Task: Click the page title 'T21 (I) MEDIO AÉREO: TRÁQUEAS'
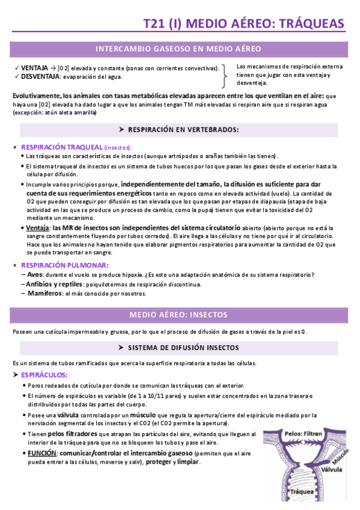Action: coord(243,23)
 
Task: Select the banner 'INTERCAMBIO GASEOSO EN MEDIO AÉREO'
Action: coord(178,49)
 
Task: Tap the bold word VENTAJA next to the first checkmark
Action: coord(34,68)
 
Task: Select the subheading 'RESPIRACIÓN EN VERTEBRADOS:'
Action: coord(179,129)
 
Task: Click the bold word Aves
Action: coord(35,274)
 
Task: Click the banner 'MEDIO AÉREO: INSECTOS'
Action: coord(178,315)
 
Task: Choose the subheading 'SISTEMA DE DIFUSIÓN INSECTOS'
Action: coord(179,348)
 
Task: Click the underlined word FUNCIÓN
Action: coord(41,452)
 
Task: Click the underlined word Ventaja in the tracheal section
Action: coord(37,228)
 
